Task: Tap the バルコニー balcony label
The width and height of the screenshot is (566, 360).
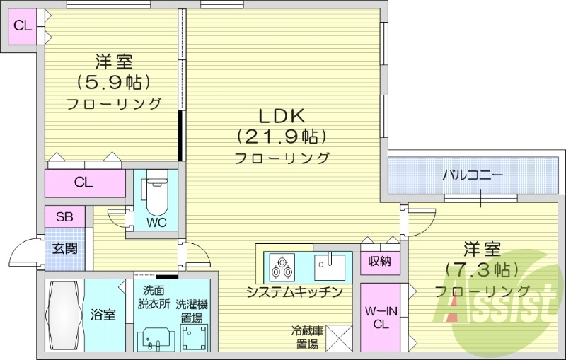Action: click(x=473, y=173)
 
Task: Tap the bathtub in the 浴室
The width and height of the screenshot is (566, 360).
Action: click(x=64, y=314)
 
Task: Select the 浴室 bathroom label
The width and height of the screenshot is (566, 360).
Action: click(x=103, y=315)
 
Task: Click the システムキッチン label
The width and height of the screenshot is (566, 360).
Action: click(x=294, y=292)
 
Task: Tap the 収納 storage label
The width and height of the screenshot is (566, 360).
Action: click(x=380, y=261)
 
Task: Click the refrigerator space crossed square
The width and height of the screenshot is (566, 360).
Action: click(x=337, y=339)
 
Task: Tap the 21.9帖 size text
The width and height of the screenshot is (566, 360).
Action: click(x=281, y=134)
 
